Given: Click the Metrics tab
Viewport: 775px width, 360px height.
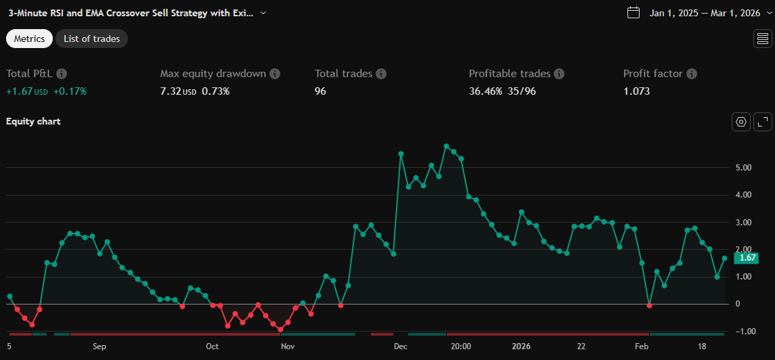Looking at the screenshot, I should click(x=29, y=39).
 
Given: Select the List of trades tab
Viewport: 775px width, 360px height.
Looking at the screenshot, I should click(x=91, y=39).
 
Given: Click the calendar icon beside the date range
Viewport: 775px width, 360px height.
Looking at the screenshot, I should click(x=634, y=12).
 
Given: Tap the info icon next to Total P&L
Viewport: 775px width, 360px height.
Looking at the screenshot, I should click(x=62, y=74).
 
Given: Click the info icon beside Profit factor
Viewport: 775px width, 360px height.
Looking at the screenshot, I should click(x=691, y=74).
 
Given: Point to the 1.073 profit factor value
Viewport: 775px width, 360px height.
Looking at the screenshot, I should click(x=636, y=91).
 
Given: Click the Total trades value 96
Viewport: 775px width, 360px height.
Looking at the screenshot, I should click(x=320, y=91).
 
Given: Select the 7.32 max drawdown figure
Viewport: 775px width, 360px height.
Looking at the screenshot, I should click(x=171, y=91).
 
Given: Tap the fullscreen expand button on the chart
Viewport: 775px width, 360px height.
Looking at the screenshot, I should click(x=763, y=122).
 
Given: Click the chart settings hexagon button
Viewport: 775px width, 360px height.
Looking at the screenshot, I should click(x=741, y=122).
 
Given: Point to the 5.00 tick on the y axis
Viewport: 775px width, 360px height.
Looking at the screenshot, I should click(x=745, y=168).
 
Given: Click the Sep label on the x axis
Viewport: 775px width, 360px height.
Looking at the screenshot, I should click(x=99, y=346).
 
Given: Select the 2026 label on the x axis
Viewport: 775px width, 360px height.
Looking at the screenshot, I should click(x=522, y=346).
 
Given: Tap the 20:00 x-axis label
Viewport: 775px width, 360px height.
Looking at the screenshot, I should click(x=460, y=346).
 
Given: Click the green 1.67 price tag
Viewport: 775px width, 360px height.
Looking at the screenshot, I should click(x=746, y=258).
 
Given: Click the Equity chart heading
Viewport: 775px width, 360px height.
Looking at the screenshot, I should click(x=33, y=121).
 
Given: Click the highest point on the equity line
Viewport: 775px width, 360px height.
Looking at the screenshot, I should click(x=446, y=146).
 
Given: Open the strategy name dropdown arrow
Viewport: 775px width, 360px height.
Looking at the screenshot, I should click(x=263, y=13).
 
